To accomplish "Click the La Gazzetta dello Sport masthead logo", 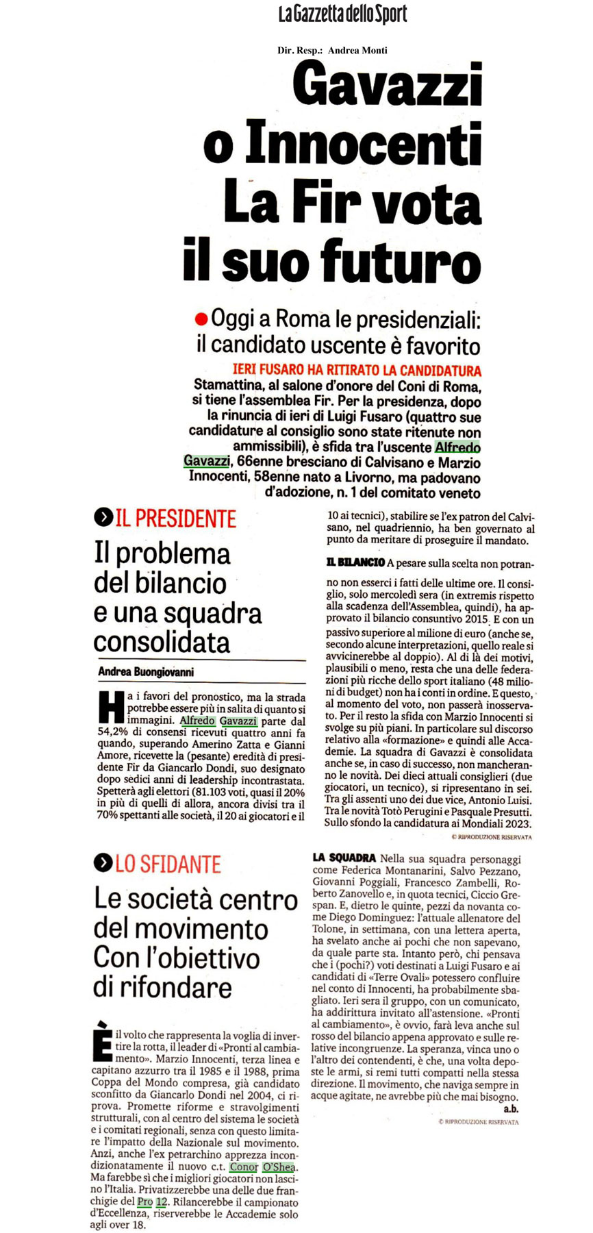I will point(342,14).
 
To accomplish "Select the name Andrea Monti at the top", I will point(357,50).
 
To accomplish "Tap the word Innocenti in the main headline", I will point(364,142).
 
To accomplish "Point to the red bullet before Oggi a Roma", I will point(201,319).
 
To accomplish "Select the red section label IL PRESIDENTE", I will point(176,519).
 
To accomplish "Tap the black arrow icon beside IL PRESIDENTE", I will point(103,519).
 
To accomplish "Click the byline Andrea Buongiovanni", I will point(146,672).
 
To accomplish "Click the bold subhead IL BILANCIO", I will point(355,563).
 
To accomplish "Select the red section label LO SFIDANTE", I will point(168,864).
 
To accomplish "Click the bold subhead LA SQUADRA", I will point(344,858).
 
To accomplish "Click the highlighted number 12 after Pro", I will point(161,1202).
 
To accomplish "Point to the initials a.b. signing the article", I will point(510,1108).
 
